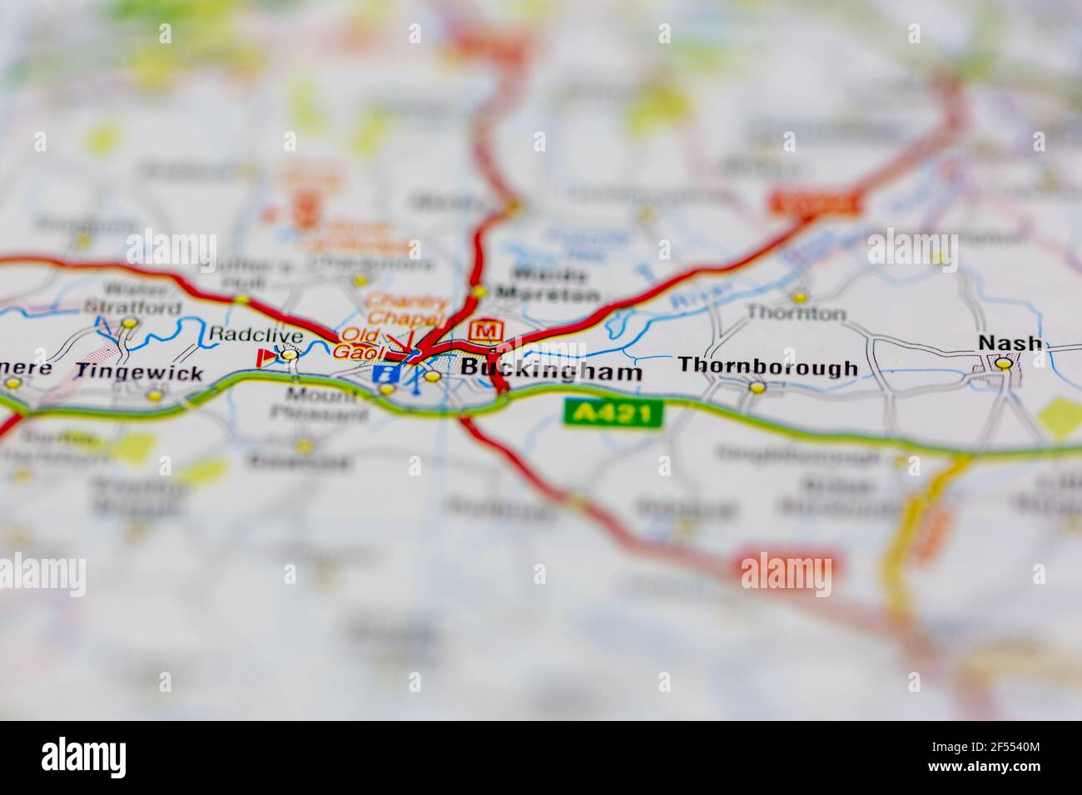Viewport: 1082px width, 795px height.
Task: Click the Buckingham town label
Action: click(x=551, y=370)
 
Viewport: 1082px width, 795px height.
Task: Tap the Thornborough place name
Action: click(x=767, y=366)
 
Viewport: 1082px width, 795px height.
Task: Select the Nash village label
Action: click(x=1010, y=343)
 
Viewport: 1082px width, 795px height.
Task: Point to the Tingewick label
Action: click(x=139, y=373)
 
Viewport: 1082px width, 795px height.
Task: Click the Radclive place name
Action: click(x=244, y=333)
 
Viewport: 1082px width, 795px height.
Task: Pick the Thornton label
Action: click(x=796, y=314)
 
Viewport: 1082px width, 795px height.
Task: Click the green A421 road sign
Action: click(x=613, y=413)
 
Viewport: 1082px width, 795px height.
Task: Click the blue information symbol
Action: click(x=385, y=373)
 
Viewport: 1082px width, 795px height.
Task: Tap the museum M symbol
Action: click(x=485, y=331)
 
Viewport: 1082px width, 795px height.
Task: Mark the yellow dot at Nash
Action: click(x=1005, y=363)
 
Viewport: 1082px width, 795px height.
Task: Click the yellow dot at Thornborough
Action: click(x=756, y=387)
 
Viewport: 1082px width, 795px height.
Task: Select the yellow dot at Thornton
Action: click(x=799, y=296)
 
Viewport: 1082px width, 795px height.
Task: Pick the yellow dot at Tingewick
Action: click(x=154, y=395)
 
